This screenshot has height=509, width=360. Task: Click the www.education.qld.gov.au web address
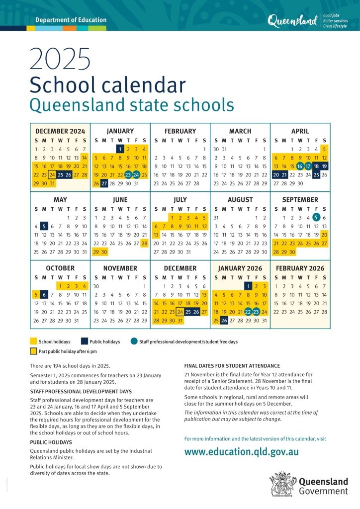(241, 452)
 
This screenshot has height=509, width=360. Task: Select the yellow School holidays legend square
(33, 341)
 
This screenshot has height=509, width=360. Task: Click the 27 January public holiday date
(104, 183)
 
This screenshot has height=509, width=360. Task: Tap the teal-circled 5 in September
(316, 217)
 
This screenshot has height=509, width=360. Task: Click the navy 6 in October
(44, 294)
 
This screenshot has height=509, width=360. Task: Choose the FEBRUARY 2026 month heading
(300, 268)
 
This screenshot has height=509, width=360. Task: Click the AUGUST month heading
(240, 200)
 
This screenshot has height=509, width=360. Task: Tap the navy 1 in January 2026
(248, 286)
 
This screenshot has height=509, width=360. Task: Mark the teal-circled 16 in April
(300, 166)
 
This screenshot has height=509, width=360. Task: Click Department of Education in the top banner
(71, 20)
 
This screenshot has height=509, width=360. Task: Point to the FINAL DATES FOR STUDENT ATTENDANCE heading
(232, 366)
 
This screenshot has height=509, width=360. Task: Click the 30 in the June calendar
(104, 252)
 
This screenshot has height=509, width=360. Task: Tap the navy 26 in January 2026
(224, 321)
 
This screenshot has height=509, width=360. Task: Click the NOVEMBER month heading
(120, 268)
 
